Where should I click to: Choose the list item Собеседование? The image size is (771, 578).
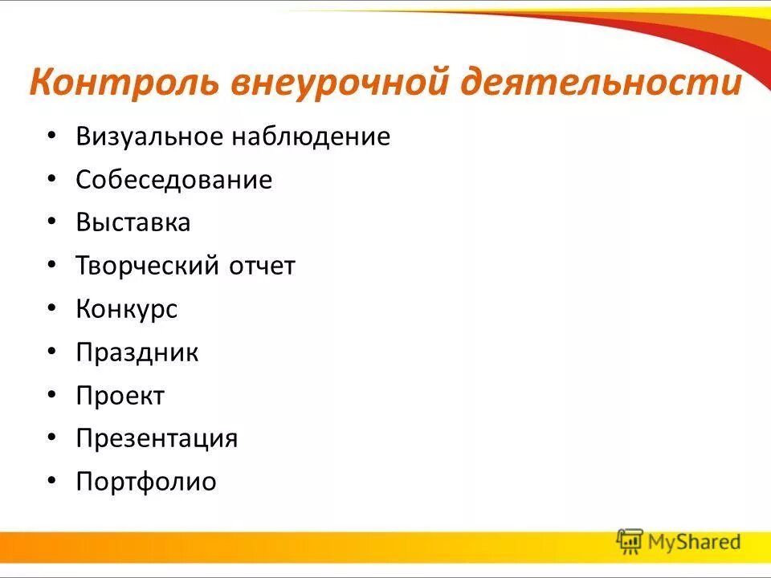pyautogui.click(x=174, y=180)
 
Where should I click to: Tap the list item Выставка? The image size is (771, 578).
pyautogui.click(x=133, y=222)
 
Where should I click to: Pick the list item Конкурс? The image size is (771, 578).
pyautogui.click(x=127, y=309)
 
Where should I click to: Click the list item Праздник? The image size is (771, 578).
pyautogui.click(x=137, y=352)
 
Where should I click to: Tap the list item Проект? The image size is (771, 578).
pyautogui.click(x=120, y=396)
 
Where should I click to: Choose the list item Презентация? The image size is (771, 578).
pyautogui.click(x=157, y=439)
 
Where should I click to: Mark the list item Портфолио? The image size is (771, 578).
pyautogui.click(x=146, y=482)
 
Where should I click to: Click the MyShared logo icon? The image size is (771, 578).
pyautogui.click(x=630, y=543)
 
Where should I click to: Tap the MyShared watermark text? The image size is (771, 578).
pyautogui.click(x=694, y=543)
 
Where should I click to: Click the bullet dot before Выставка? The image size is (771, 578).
pyautogui.click(x=52, y=223)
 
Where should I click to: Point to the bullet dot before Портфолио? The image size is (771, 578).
pyautogui.click(x=52, y=482)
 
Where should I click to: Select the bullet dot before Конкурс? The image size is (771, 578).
pyautogui.click(x=52, y=310)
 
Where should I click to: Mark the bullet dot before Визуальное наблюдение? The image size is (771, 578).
pyautogui.click(x=52, y=137)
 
